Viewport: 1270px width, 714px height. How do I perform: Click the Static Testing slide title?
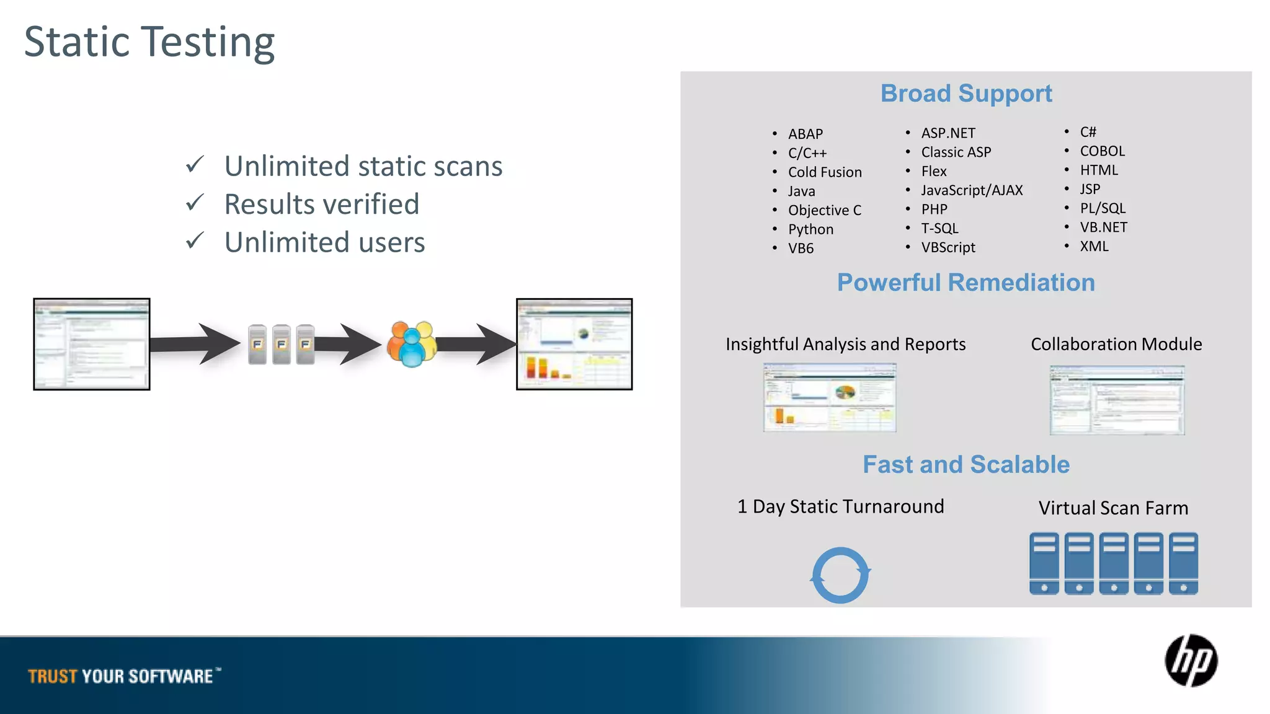(149, 42)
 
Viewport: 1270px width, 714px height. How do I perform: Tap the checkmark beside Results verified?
(195, 203)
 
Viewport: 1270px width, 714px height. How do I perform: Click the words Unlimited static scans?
(363, 166)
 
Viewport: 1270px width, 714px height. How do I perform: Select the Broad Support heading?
(966, 94)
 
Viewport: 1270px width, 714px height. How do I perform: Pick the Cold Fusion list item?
(824, 172)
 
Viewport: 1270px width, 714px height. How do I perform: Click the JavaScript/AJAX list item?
(971, 190)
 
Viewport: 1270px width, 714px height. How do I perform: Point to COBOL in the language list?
(1102, 151)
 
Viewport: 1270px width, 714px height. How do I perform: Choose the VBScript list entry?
(948, 247)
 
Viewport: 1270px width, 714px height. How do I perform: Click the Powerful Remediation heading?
(966, 283)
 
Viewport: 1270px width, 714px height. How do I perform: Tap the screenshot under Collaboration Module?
(1117, 400)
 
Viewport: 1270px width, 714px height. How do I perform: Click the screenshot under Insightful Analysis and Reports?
(829, 398)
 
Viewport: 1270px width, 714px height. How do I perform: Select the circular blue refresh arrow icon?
(840, 575)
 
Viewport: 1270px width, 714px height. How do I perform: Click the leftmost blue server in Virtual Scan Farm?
(1044, 563)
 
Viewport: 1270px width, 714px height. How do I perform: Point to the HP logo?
(1191, 661)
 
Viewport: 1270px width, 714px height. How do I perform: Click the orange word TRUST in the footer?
(53, 676)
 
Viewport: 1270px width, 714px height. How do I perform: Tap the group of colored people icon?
(411, 344)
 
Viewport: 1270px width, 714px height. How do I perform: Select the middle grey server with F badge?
(281, 344)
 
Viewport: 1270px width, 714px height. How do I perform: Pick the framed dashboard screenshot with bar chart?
(574, 344)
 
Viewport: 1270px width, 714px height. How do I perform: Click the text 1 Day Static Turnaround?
(840, 506)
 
